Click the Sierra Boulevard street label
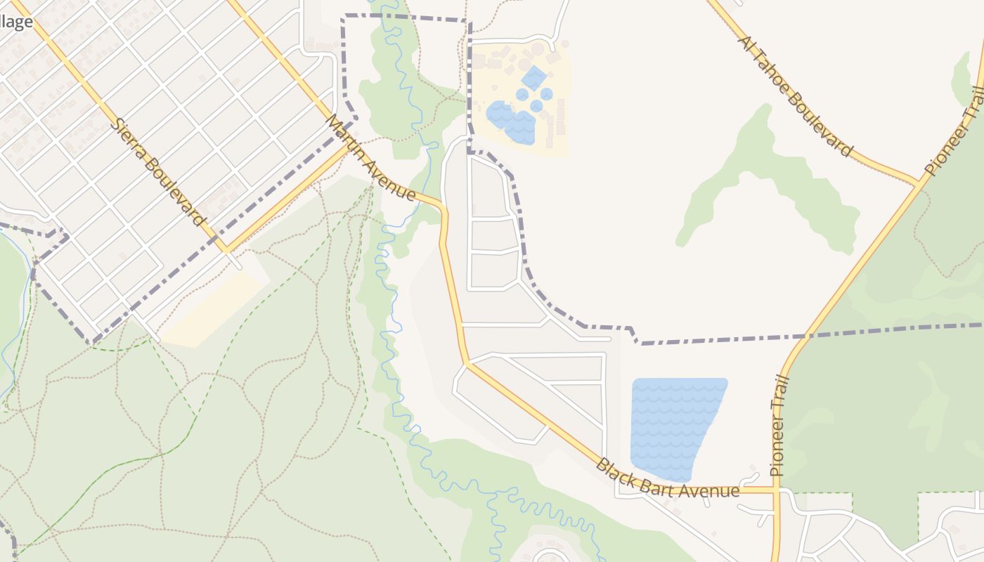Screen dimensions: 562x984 (160, 172)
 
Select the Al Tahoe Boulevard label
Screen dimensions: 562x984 (795, 96)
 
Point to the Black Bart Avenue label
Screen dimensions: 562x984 (667, 479)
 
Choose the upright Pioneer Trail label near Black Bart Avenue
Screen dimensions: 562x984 (777, 426)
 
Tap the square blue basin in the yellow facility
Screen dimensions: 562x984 (534, 77)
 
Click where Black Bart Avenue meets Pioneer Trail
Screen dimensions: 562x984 (776, 490)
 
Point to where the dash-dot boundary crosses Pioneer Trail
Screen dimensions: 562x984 (808, 336)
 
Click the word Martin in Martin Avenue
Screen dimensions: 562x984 (347, 137)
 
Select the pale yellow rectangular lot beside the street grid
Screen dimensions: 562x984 (211, 310)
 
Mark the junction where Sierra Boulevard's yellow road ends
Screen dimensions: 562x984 (226, 249)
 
